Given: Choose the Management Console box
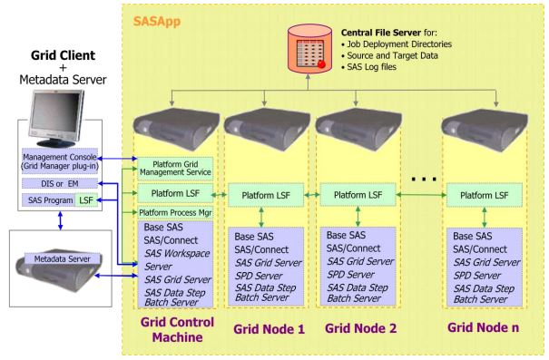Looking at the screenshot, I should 63,165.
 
